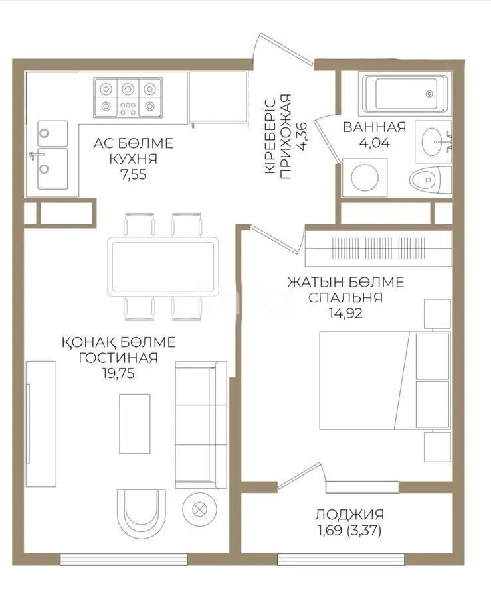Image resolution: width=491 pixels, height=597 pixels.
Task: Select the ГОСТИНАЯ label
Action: point(118,358)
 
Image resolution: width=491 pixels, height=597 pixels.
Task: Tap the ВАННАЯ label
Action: point(374,127)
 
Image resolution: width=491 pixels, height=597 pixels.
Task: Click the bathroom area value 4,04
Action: point(374,142)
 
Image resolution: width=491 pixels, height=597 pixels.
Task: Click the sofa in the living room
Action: point(201,424)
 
